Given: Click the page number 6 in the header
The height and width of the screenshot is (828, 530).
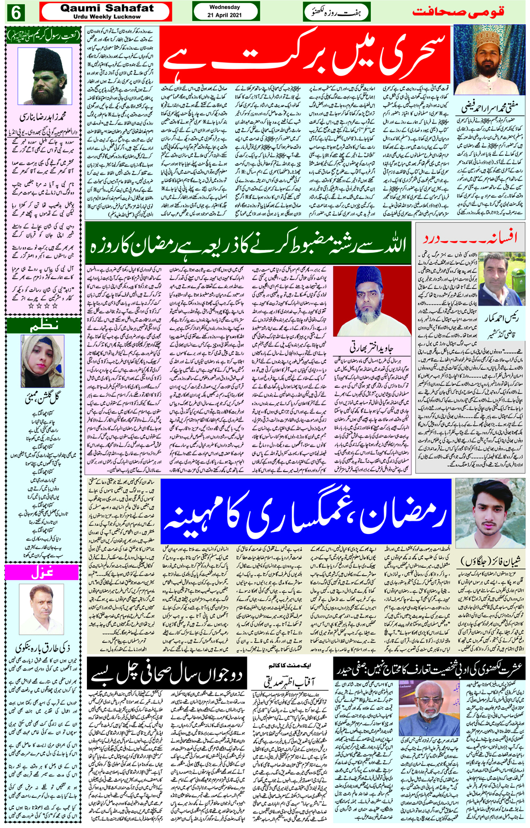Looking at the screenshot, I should point(16,12).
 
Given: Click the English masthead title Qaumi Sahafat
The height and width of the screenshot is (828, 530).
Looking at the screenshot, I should point(107,8).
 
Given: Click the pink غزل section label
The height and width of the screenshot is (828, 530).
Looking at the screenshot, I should point(43,573).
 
